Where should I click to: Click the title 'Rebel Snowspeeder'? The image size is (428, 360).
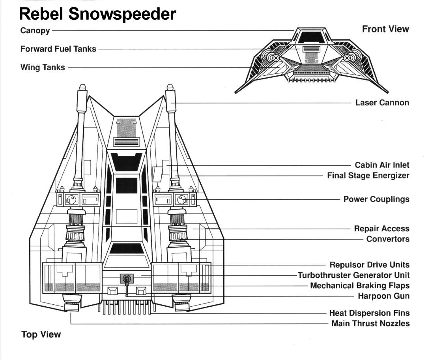point(97,14)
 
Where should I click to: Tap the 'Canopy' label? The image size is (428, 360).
point(35,30)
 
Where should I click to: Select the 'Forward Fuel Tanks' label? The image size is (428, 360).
point(58,49)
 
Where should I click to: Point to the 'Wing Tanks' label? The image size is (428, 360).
point(43,67)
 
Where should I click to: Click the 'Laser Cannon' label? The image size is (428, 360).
point(382,103)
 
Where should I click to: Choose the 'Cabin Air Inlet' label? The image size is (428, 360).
point(382,165)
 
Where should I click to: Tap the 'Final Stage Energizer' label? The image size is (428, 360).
point(368,175)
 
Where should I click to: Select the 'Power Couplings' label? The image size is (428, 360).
point(376,199)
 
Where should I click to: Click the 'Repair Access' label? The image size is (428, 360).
point(381,229)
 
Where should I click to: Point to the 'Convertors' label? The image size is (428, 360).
point(388,239)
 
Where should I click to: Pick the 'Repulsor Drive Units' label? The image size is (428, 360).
point(369,264)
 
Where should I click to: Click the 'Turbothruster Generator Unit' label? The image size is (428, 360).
point(353,275)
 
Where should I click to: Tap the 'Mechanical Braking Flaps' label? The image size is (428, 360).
point(360,285)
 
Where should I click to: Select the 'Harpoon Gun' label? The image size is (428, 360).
point(383,296)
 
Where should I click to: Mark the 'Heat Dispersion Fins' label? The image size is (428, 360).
point(369,313)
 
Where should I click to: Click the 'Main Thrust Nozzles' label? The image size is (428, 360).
point(370,324)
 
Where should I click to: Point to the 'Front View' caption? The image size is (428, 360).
point(385,29)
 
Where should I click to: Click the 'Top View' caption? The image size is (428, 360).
point(41,334)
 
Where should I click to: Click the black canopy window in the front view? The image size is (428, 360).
point(311,37)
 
